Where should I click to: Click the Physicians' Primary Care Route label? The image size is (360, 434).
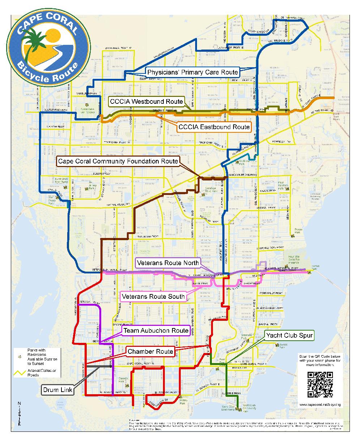192,72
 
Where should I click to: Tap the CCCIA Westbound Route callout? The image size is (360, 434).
147,101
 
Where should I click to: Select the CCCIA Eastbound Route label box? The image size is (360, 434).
214,127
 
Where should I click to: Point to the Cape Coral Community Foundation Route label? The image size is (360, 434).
118,161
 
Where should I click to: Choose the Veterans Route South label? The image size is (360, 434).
154,297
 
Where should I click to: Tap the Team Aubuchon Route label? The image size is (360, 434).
156,331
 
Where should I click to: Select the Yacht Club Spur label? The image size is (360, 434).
289,336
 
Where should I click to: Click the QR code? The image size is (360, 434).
320,384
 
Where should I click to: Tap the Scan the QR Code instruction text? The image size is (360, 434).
320,361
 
